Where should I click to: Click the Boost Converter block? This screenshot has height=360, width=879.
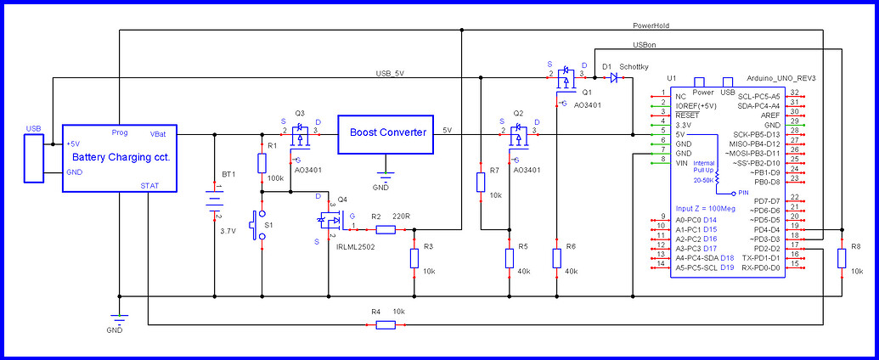[x=388, y=134]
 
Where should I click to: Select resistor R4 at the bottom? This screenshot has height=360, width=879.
[x=385, y=324]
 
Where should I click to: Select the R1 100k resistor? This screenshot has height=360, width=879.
[x=262, y=163]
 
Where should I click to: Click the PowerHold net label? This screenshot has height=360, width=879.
[x=652, y=26]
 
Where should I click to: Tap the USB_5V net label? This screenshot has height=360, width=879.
[x=390, y=74]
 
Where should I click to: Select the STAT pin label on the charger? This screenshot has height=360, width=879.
[x=149, y=186]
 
